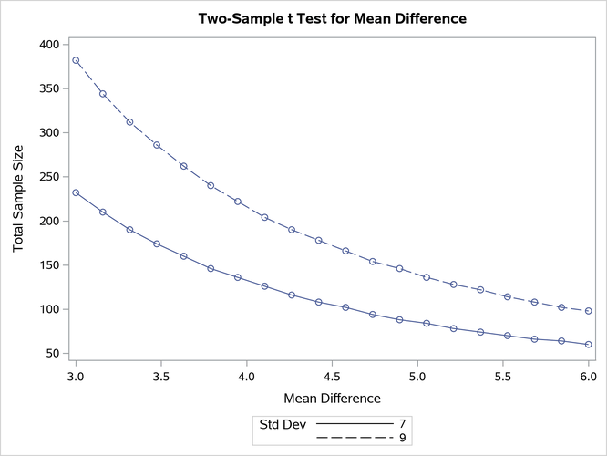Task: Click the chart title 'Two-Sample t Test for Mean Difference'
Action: pyautogui.click(x=332, y=18)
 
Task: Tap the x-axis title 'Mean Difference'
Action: pyautogui.click(x=332, y=398)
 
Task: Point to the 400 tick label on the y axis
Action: pyautogui.click(x=47, y=45)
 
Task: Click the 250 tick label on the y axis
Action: pyautogui.click(x=47, y=177)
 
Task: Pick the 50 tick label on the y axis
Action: pyautogui.click(x=51, y=354)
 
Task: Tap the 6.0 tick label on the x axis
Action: pyautogui.click(x=589, y=375)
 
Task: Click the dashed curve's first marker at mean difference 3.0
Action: pyautogui.click(x=76, y=60)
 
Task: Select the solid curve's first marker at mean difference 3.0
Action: pyautogui.click(x=76, y=192)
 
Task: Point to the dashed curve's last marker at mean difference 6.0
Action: pyautogui.click(x=589, y=311)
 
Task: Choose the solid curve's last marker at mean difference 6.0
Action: pyautogui.click(x=589, y=345)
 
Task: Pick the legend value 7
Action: pyautogui.click(x=402, y=425)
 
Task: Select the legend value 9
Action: pyautogui.click(x=402, y=439)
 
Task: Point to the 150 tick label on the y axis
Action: pyautogui.click(x=47, y=265)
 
